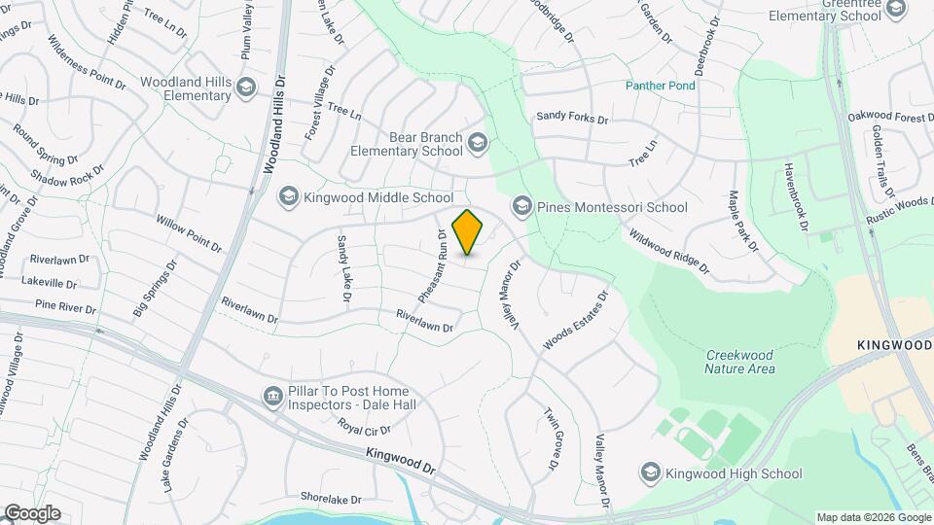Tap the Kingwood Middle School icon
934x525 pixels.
(288, 197)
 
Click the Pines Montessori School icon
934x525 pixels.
(522, 206)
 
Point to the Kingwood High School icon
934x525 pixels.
(650, 473)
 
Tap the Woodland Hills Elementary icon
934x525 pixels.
(246, 89)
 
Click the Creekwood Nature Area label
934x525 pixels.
(740, 361)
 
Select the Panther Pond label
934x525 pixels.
(661, 86)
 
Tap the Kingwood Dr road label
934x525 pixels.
(400, 460)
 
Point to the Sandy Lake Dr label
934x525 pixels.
(342, 267)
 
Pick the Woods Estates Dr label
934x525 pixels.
(575, 320)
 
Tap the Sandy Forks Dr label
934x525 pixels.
(572, 118)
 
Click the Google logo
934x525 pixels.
(31, 512)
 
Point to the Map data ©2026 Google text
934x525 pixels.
(874, 517)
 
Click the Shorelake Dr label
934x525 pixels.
(331, 498)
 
